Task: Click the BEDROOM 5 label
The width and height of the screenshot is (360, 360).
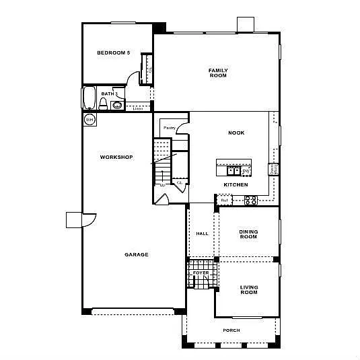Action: tap(113, 52)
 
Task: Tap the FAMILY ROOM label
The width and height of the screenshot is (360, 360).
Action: tap(218, 73)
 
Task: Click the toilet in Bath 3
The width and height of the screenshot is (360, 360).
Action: tap(104, 104)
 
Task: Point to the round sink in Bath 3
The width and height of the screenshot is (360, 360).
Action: tap(118, 104)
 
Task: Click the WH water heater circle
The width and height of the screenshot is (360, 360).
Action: tap(89, 119)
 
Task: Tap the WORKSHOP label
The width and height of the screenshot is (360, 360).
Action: tap(116, 157)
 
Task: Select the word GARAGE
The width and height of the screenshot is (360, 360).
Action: tap(137, 254)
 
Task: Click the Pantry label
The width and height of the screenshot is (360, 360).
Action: tap(169, 127)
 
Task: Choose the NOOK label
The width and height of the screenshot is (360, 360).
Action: tap(236, 133)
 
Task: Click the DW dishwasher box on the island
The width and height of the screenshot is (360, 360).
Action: tap(246, 171)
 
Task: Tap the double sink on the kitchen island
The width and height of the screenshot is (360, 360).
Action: tap(229, 170)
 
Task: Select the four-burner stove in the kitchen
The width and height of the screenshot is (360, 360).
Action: tap(250, 200)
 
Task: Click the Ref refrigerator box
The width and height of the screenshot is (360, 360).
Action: tap(224, 200)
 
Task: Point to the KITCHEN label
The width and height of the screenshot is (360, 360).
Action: tap(236, 184)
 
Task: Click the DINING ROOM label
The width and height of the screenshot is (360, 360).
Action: tap(248, 234)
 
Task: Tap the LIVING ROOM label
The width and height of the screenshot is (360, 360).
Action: tap(249, 290)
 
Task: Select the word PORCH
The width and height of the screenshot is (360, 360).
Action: tap(231, 330)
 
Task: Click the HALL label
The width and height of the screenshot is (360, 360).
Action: tap(201, 234)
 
